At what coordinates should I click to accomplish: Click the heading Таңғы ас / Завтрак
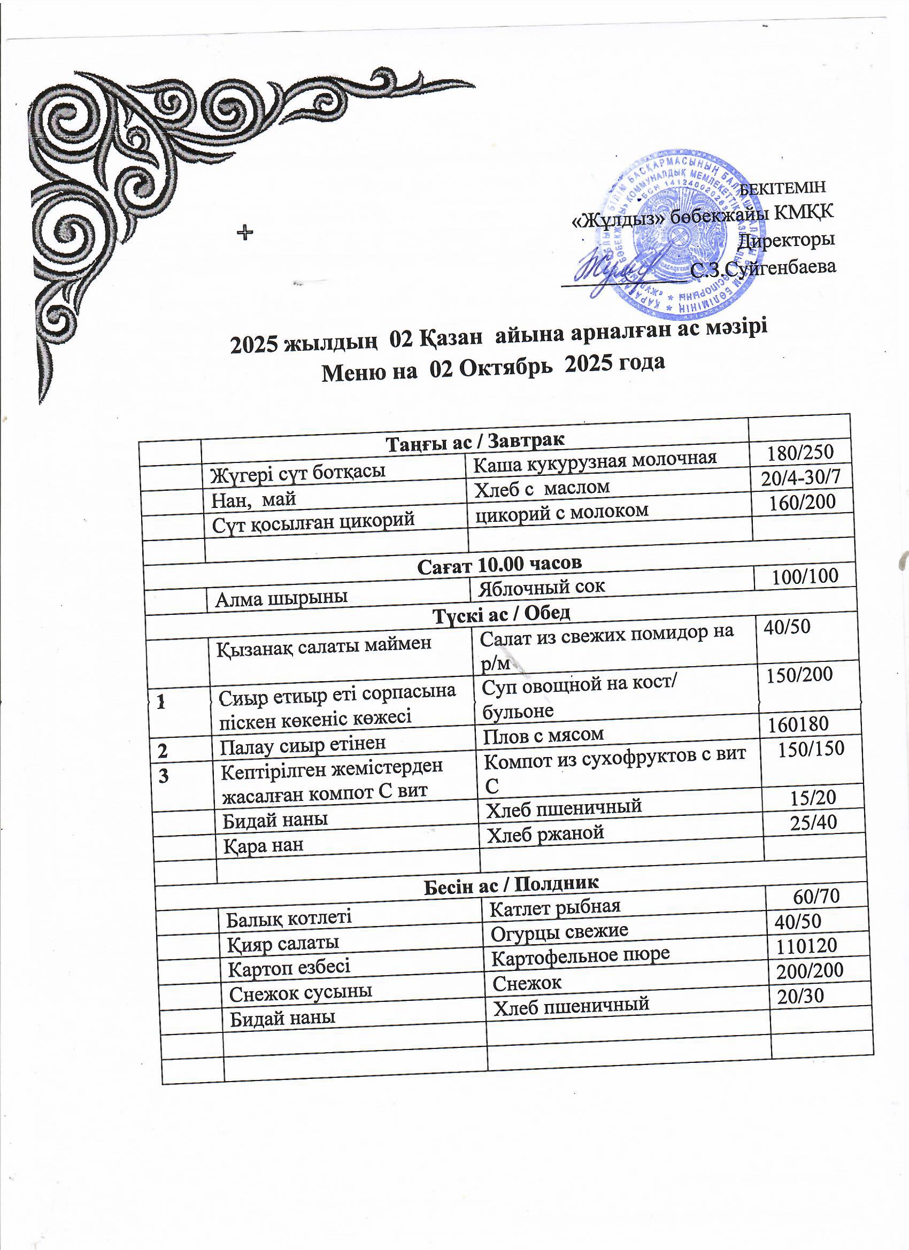[475, 441]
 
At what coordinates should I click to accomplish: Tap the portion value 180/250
[802, 452]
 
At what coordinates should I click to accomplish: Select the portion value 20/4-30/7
[801, 478]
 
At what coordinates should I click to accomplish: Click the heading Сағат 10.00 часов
[500, 564]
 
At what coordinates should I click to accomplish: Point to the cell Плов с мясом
[543, 735]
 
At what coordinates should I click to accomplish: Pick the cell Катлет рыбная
[555, 907]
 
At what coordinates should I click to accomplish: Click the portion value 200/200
[810, 970]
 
